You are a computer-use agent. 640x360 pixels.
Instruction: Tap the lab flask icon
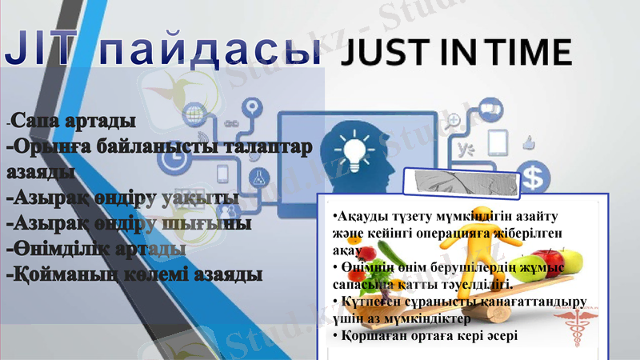(x=258, y=176)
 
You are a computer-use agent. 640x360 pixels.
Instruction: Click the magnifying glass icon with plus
(x=454, y=120)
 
